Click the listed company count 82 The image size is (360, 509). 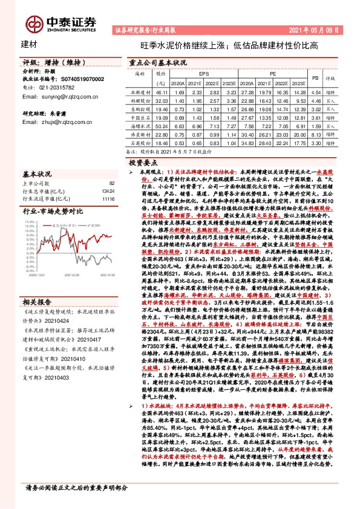pyautogui.click(x=111, y=183)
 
